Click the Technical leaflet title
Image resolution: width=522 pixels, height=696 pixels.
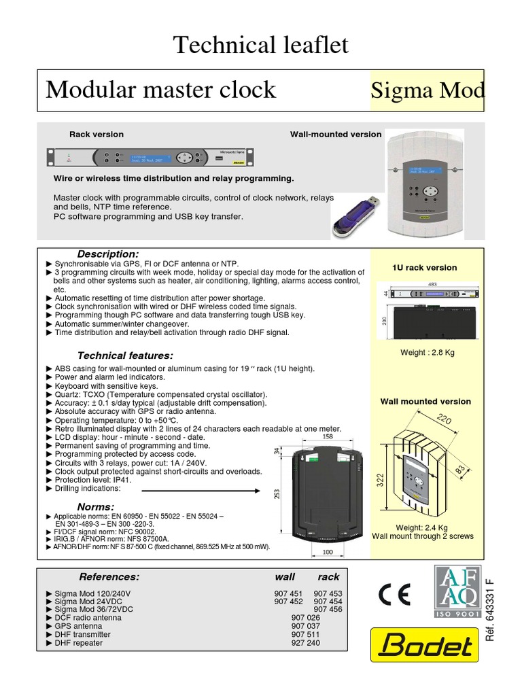click(x=261, y=45)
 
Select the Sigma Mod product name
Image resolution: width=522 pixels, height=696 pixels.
click(x=427, y=90)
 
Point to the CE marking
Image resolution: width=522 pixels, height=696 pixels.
click(x=394, y=595)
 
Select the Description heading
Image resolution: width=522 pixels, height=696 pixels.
click(x=107, y=254)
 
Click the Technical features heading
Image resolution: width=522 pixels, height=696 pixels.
click(x=125, y=355)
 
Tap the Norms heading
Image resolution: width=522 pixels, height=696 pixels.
click(x=96, y=506)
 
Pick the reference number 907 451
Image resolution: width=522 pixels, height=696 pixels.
click(x=288, y=593)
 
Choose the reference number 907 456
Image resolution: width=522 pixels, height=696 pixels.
click(x=328, y=610)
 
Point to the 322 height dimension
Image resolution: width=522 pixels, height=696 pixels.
click(x=381, y=481)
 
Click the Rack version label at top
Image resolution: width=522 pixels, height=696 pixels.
click(x=97, y=135)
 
